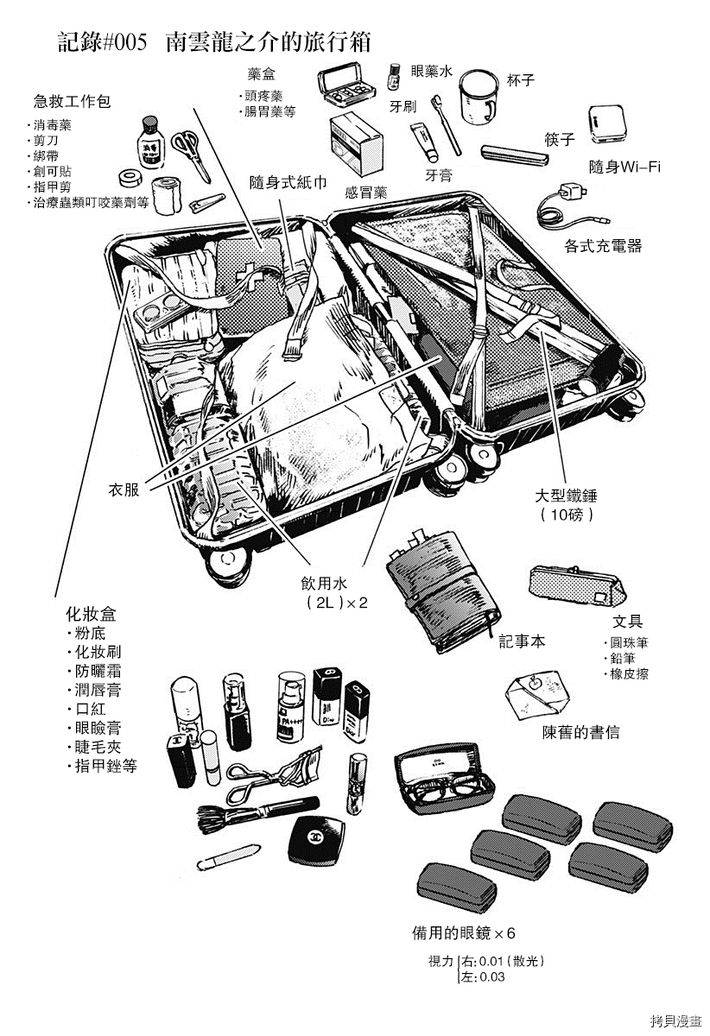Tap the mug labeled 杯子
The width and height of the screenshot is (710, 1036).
click(x=477, y=98)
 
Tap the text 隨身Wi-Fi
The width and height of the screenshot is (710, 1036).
click(x=624, y=167)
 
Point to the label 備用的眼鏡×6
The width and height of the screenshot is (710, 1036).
click(x=464, y=933)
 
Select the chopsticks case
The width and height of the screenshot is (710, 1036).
click(x=514, y=156)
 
